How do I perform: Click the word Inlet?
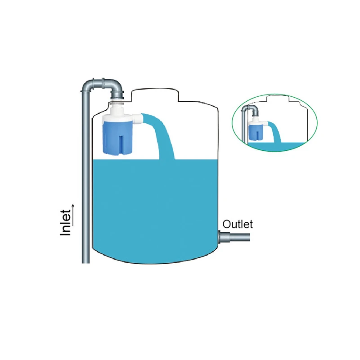[x=66, y=222]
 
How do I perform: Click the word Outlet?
[x=238, y=224]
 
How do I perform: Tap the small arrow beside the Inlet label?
[x=73, y=215]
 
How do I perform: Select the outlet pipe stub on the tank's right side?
[x=234, y=237]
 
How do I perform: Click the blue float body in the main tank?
[x=117, y=138]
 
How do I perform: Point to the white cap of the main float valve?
[x=117, y=115]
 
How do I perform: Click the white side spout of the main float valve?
[x=138, y=119]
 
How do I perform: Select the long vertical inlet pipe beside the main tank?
[x=85, y=177]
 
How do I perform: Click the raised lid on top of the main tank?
[x=155, y=94]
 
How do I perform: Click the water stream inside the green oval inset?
[x=275, y=132]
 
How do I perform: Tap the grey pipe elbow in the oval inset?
[x=253, y=110]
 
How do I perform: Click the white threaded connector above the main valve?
[x=117, y=103]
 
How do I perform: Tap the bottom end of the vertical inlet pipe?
[x=85, y=263]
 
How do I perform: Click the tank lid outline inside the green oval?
[x=277, y=98]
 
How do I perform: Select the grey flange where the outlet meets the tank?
[x=221, y=237]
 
